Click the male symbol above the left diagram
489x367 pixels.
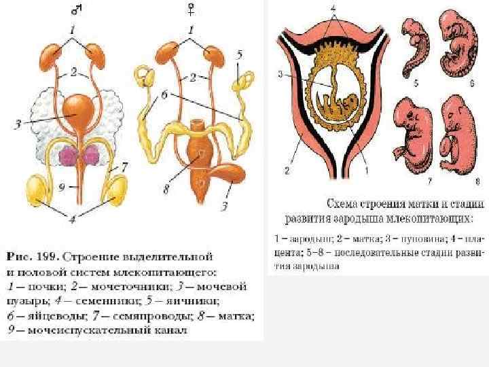(x=77, y=9)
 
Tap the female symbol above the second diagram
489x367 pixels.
(x=193, y=9)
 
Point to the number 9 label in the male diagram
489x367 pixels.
(x=63, y=184)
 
